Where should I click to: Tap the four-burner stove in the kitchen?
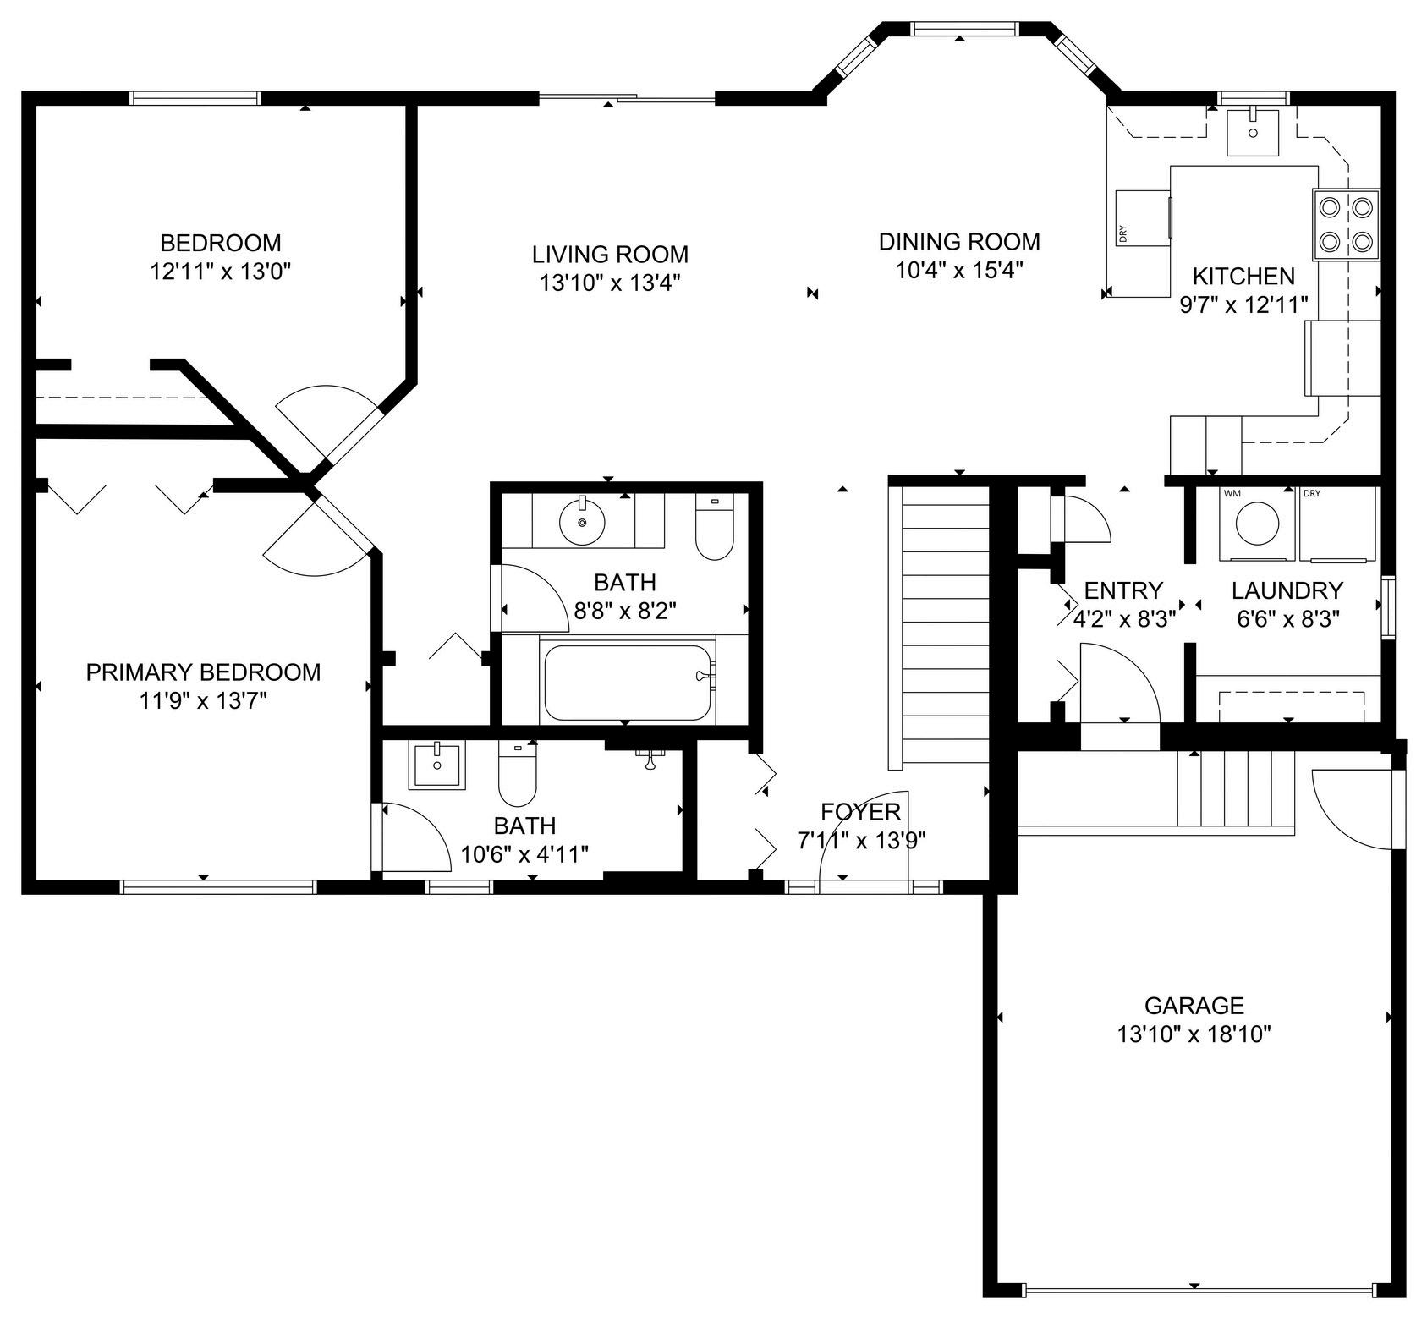[x=1346, y=224]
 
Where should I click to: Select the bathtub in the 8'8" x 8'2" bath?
[x=627, y=683]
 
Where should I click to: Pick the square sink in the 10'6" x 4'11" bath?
[x=437, y=765]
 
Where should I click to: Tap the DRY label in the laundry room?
[x=1311, y=494]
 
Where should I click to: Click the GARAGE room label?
[x=1194, y=1006]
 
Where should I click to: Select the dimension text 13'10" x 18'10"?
[x=1194, y=1034]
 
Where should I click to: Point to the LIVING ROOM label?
[x=610, y=254]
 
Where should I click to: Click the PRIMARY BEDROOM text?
[x=204, y=672]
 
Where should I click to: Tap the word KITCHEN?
[x=1243, y=276]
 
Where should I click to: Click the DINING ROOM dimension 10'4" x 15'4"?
[x=960, y=270]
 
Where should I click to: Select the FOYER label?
[x=861, y=812]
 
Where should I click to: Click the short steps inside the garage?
[x=1236, y=788]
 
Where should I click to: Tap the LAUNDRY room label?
[x=1287, y=590]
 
